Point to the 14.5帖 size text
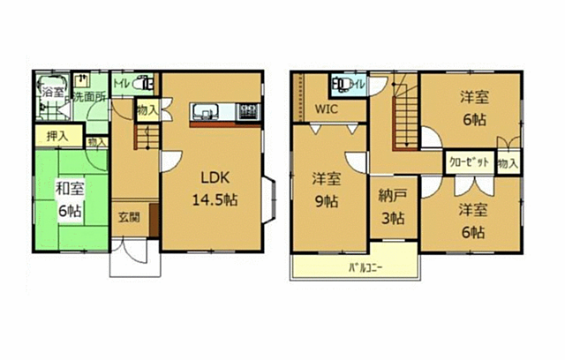213,199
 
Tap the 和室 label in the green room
60,188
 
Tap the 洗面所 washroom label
89,96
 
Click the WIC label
328,110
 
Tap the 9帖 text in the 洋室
326,200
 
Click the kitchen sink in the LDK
207,112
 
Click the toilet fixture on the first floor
147,85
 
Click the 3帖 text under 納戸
393,218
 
